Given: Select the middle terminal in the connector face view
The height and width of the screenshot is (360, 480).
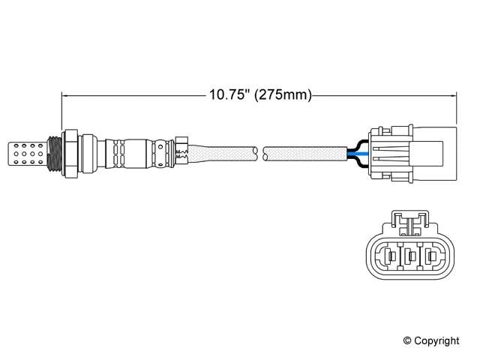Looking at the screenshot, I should tap(409, 259).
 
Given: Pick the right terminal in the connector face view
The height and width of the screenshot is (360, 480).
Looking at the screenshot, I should tap(432, 259).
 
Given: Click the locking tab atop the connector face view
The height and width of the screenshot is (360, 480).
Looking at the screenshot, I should tap(409, 220).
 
